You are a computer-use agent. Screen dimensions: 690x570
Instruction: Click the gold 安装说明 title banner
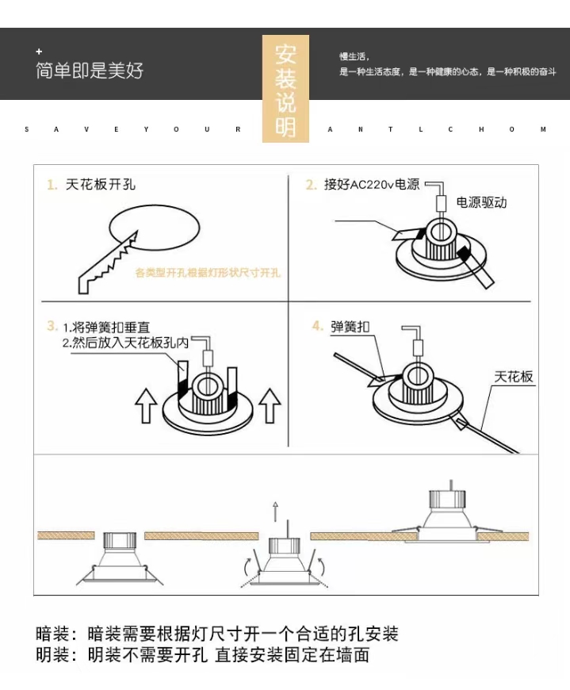(x=285, y=88)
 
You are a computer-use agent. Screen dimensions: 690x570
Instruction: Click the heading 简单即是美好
(x=89, y=71)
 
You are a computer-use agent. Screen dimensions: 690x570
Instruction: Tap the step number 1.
(x=52, y=185)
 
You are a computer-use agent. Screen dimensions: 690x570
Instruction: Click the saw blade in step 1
(x=108, y=261)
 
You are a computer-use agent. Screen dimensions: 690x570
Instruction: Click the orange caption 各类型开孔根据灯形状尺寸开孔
(x=208, y=273)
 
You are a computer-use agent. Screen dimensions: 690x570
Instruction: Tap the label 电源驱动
(x=482, y=203)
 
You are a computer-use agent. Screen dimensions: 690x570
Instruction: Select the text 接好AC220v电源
(x=372, y=185)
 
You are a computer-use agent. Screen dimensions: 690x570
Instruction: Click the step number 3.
(x=52, y=326)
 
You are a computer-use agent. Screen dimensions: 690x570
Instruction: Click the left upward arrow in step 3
(x=147, y=405)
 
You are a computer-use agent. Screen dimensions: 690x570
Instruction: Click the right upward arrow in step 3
(x=270, y=405)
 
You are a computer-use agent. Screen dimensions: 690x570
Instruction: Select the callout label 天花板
(x=514, y=377)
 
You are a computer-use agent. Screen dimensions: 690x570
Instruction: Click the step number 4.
(x=317, y=327)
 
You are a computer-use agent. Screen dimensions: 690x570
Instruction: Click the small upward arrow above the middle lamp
(x=276, y=510)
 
